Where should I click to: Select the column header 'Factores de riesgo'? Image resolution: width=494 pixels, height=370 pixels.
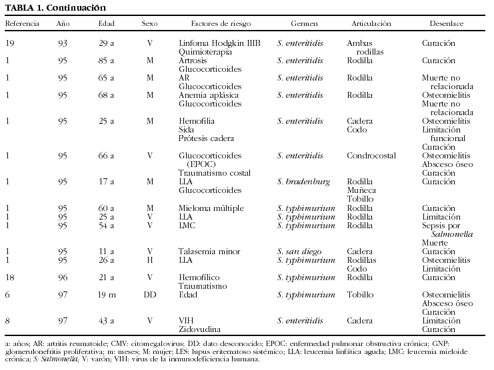pyautogui.click(x=221, y=23)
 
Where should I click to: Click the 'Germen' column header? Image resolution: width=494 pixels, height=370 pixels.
pyautogui.click(x=297, y=23)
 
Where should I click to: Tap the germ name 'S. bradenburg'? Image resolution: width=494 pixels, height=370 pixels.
pyautogui.click(x=303, y=182)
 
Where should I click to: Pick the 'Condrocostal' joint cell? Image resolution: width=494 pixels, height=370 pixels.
pyautogui.click(x=372, y=156)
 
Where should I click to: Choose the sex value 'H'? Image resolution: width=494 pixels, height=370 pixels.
pyautogui.click(x=149, y=260)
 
